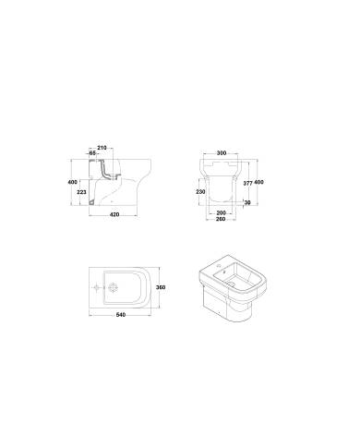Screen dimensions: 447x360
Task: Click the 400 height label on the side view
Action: click(x=71, y=182)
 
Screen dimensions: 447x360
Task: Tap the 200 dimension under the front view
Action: click(x=221, y=211)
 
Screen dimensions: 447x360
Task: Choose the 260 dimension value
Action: click(x=221, y=218)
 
